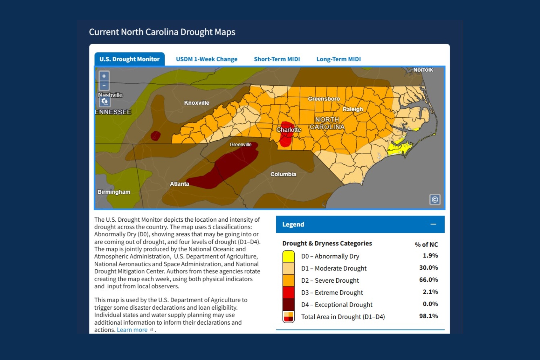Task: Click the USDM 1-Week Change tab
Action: (206, 59)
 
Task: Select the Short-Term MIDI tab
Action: (277, 59)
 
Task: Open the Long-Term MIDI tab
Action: (338, 59)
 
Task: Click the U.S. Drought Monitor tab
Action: (129, 59)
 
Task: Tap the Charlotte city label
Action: (288, 130)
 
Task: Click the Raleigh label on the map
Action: (352, 109)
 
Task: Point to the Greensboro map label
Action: (324, 99)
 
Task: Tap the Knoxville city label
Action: (196, 103)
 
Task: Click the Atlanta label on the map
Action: (179, 184)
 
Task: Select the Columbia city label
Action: (283, 174)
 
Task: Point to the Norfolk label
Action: (423, 70)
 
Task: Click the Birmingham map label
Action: (114, 192)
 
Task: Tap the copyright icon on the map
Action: (435, 199)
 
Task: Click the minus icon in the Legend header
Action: (433, 224)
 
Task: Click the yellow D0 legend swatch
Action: (288, 256)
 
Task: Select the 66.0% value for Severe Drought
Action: (428, 280)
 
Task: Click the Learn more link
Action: (132, 330)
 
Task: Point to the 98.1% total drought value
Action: (428, 316)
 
